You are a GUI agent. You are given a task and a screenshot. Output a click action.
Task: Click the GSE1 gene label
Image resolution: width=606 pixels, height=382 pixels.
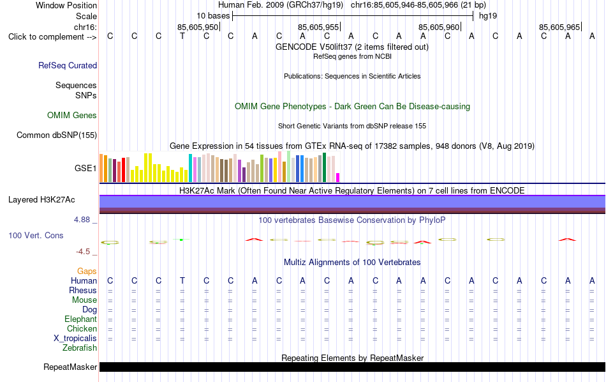click(x=85, y=168)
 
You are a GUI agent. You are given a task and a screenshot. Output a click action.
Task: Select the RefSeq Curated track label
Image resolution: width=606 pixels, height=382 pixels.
click(x=68, y=65)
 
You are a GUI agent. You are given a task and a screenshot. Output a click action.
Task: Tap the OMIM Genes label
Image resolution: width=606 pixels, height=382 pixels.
click(x=72, y=116)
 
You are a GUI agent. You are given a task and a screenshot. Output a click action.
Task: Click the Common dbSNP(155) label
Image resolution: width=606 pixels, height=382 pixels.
click(x=57, y=135)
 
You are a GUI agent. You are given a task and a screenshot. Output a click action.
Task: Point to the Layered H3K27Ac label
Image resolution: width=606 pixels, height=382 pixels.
click(x=41, y=200)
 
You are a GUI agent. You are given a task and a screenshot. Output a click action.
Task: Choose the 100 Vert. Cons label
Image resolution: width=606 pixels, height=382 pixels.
click(x=36, y=235)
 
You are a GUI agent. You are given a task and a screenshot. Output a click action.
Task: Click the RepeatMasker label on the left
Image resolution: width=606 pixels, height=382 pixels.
click(x=70, y=367)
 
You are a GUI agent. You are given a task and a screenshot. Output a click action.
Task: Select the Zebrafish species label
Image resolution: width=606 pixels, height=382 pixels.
click(x=80, y=348)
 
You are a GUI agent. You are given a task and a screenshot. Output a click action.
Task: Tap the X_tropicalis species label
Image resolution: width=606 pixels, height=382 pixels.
click(x=75, y=339)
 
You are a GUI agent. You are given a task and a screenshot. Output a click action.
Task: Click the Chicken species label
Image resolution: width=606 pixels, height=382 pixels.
click(x=82, y=328)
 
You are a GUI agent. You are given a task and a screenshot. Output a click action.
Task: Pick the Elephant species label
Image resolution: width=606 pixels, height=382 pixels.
click(x=81, y=319)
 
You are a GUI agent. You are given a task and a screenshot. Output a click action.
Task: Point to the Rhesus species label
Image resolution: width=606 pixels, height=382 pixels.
click(x=83, y=290)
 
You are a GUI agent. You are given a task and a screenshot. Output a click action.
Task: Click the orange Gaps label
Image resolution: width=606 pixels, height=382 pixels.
click(x=87, y=271)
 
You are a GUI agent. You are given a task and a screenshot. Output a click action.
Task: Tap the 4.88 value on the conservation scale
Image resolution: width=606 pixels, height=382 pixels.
click(x=82, y=220)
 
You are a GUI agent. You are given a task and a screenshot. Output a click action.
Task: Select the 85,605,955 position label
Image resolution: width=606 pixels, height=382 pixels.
click(x=318, y=27)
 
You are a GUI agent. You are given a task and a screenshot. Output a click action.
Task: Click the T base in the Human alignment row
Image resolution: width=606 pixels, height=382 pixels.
click(x=182, y=280)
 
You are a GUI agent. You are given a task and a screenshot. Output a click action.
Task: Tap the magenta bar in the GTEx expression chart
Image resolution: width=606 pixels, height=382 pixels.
click(x=338, y=178)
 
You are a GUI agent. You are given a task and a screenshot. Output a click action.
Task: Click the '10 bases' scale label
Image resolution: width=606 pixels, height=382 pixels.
click(x=213, y=16)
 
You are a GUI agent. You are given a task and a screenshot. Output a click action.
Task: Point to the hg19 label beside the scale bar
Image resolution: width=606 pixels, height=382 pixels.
click(x=488, y=16)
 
